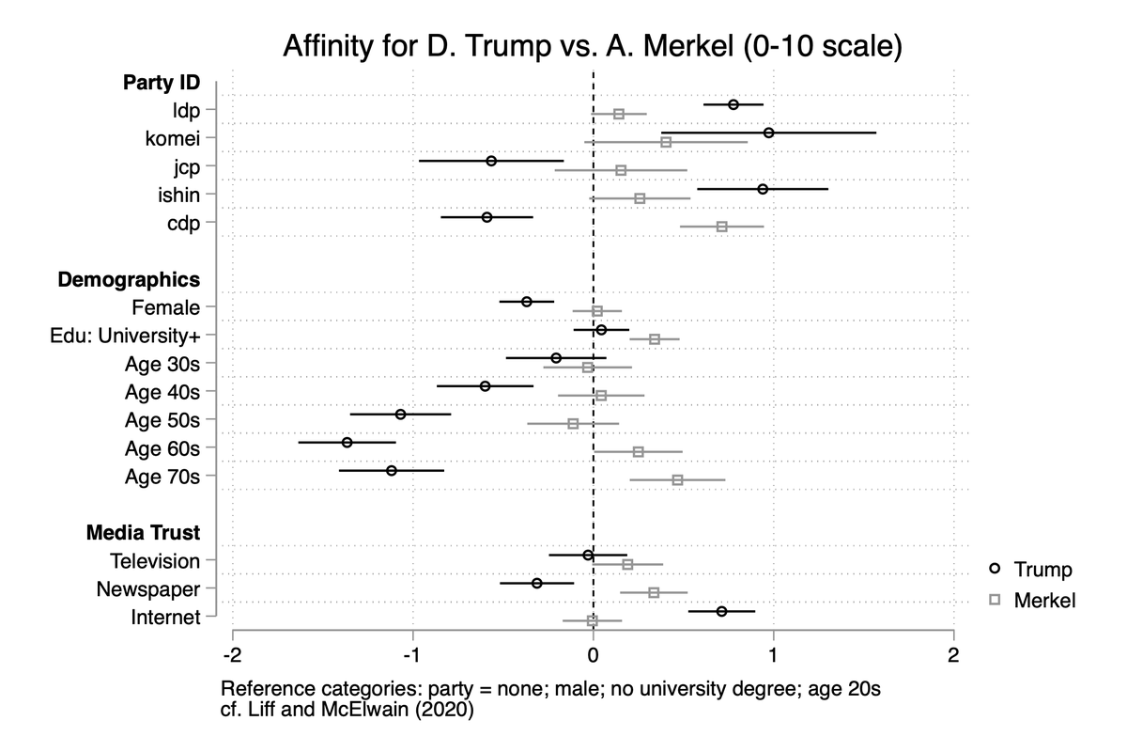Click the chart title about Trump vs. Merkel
click(x=593, y=45)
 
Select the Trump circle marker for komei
click(x=769, y=133)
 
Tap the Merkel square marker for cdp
click(x=721, y=227)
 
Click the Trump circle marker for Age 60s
click(x=347, y=442)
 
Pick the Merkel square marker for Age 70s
click(x=677, y=479)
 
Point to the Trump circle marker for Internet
click(x=721, y=611)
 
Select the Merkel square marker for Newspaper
click(x=654, y=592)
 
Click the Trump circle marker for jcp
click(x=491, y=161)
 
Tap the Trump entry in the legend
click(x=1031, y=570)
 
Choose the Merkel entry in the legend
click(x=1031, y=600)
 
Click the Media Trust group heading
click(x=143, y=533)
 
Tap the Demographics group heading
click(x=129, y=279)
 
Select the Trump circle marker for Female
click(x=527, y=302)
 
